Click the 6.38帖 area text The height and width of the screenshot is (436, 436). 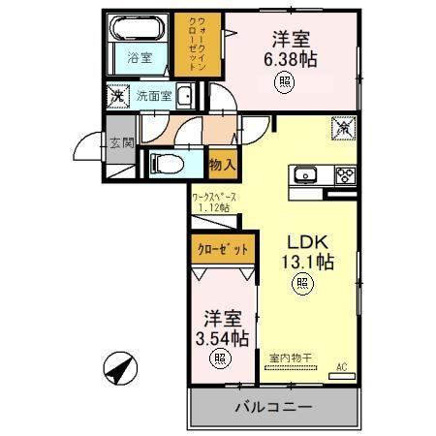292,58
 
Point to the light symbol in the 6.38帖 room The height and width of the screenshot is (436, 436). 284,84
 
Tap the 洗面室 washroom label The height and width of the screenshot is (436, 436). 153,96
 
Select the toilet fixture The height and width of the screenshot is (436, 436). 166,164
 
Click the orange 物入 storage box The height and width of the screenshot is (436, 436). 223,166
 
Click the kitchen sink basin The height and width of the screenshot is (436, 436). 305,175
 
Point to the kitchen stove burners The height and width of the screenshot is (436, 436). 344,175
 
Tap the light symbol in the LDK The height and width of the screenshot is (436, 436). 302,284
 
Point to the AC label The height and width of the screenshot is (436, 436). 341,368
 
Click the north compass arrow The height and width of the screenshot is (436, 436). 119,366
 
